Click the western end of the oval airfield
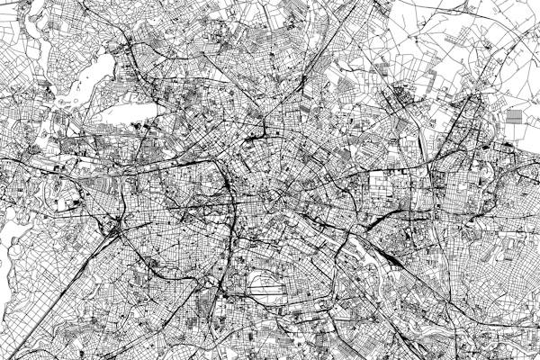pyautogui.click(x=248, y=288)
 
